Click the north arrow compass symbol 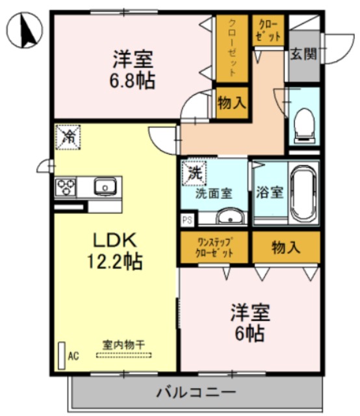point(25,30)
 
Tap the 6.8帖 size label point(133,81)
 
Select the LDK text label point(114,240)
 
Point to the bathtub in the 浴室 point(304,193)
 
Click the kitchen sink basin point(105,187)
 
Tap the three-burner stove point(66,187)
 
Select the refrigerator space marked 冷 point(68,137)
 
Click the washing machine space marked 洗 point(194,174)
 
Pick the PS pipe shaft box point(188,220)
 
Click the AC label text point(73,356)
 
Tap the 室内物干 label point(123,345)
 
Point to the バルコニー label point(196,392)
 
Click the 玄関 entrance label point(303,54)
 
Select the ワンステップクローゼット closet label point(214,248)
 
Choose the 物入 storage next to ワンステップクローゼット point(286,248)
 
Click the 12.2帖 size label point(114,261)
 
